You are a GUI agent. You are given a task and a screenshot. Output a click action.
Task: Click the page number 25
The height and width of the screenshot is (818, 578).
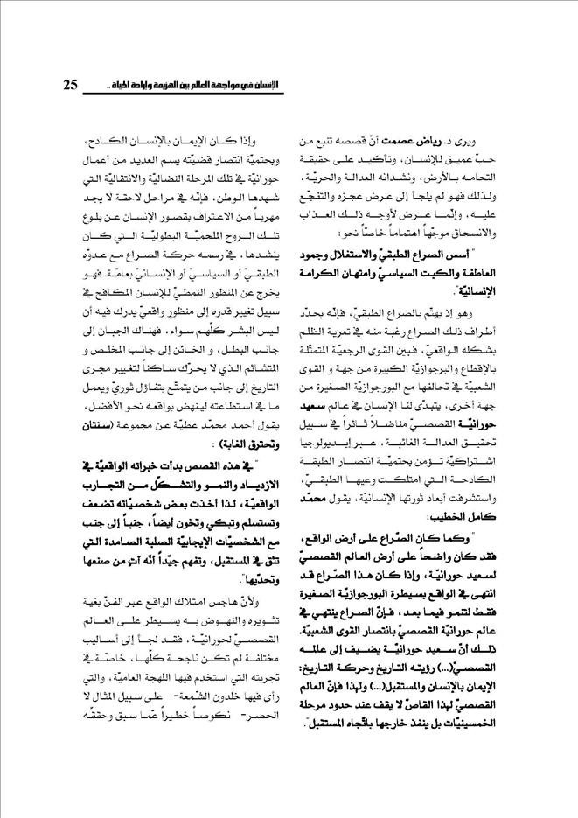(72, 84)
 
